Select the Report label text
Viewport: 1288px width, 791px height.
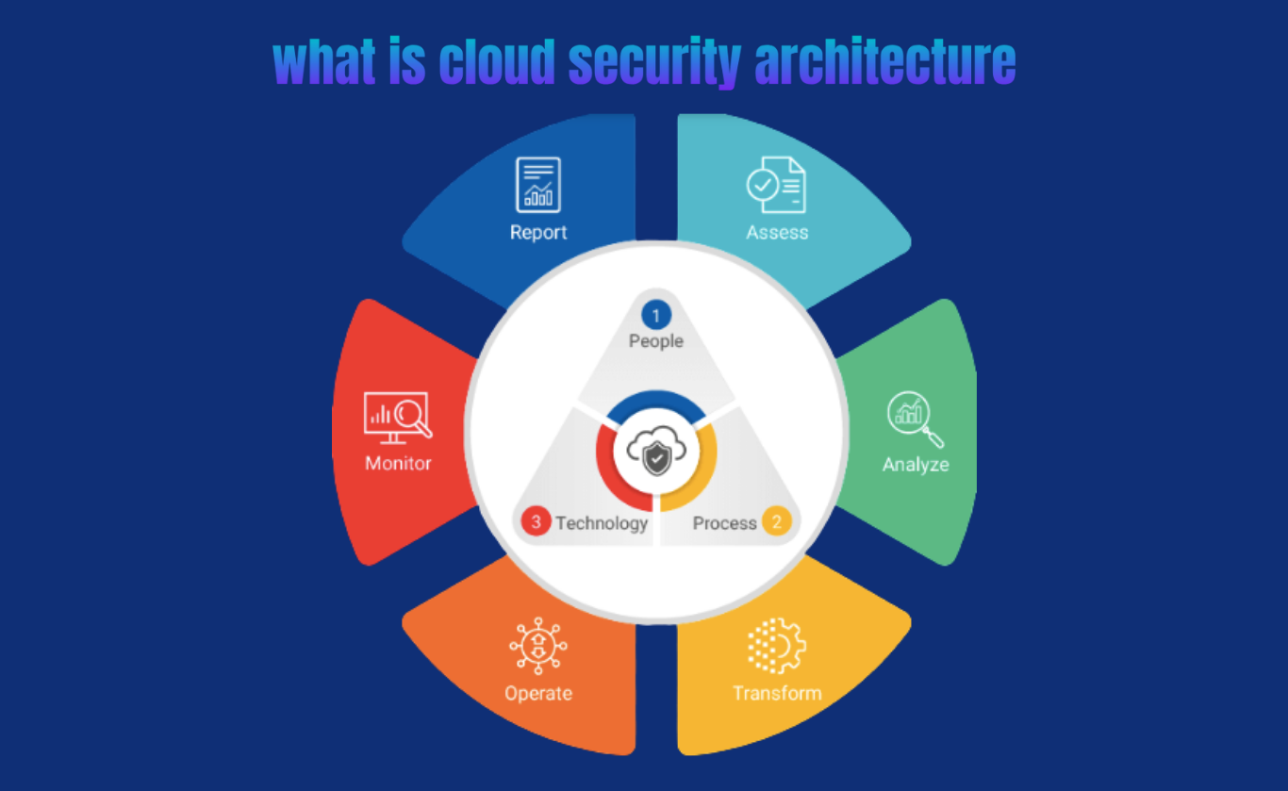click(538, 233)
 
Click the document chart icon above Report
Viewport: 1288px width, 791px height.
click(538, 185)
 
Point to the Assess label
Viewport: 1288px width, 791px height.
click(777, 232)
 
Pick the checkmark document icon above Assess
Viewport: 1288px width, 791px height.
click(776, 185)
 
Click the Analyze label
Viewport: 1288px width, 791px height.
click(915, 465)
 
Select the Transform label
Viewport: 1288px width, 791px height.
click(777, 693)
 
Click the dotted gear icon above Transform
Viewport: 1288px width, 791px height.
click(776, 646)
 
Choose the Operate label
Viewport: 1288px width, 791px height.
click(537, 694)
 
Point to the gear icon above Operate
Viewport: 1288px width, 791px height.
click(537, 646)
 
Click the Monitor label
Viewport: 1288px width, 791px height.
click(398, 464)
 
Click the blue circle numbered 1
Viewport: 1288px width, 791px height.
click(656, 316)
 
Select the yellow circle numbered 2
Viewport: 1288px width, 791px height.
click(777, 521)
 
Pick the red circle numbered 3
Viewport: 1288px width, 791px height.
click(536, 522)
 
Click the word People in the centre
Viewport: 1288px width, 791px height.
click(656, 341)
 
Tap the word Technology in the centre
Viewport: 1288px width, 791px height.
click(602, 523)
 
